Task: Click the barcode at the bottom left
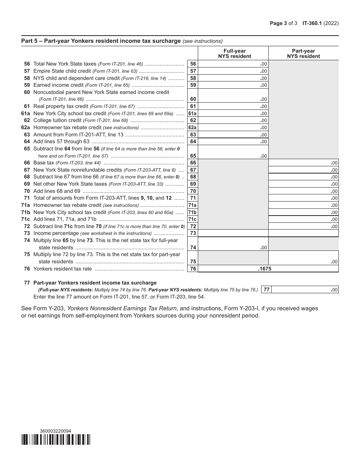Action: (x=56, y=439)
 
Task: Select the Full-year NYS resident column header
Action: (x=234, y=53)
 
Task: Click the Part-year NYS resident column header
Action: (x=303, y=53)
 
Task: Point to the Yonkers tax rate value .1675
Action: (x=265, y=269)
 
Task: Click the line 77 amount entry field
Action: (x=305, y=290)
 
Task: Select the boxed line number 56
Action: (x=193, y=64)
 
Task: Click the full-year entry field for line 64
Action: (x=233, y=142)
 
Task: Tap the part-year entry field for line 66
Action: (x=303, y=163)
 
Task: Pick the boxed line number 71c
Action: (x=193, y=219)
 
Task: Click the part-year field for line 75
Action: (x=303, y=258)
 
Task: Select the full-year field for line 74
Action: (x=233, y=244)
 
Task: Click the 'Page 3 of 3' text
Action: (x=284, y=23)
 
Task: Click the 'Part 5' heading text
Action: (x=101, y=41)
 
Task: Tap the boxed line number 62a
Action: (x=193, y=128)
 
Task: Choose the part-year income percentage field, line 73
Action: (x=303, y=233)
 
